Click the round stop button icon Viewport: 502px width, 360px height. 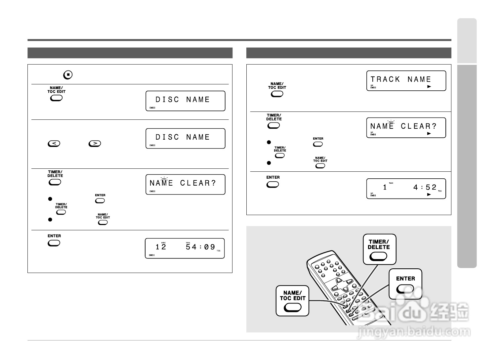pos(68,75)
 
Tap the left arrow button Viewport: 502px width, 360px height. pos(54,143)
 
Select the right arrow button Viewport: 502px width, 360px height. pos(95,143)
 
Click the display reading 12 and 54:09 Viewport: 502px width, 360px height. pos(185,248)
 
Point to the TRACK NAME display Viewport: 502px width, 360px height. pos(406,81)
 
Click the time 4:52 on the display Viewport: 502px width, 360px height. pos(425,188)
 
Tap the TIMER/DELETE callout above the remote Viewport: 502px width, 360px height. pos(379,249)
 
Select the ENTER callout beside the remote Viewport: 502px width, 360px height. pos(405,284)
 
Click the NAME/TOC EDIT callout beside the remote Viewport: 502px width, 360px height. pos(293,300)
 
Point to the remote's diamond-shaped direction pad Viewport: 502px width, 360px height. pos(339,284)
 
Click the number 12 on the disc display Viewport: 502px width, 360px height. pos(161,247)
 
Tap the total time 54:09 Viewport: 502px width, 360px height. pos(200,247)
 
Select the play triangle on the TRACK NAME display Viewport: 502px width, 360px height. pos(429,87)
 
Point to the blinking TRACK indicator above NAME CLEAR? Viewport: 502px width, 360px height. pos(391,122)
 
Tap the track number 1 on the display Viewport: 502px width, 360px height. pos(385,188)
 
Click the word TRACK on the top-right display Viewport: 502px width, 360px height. pos(385,79)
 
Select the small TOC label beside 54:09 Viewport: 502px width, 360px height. pos(219,251)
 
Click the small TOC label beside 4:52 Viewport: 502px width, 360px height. pos(439,191)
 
